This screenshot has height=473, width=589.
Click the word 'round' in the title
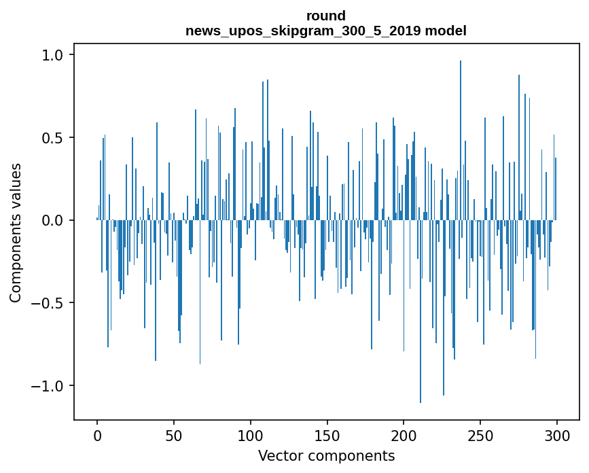point(326,16)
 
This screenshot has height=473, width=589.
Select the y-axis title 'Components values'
point(16,232)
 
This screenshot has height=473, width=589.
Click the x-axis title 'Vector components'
point(326,456)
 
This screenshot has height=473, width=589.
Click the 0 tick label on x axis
point(97,435)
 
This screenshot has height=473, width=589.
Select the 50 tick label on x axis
point(174,435)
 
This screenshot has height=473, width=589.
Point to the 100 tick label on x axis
point(251,435)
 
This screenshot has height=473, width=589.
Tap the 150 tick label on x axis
point(327,435)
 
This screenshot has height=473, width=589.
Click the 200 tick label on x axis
point(404,435)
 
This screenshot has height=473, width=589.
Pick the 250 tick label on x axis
point(480,435)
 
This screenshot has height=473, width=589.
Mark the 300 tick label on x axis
point(557,435)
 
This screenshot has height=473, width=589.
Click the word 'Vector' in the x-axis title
point(278,456)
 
